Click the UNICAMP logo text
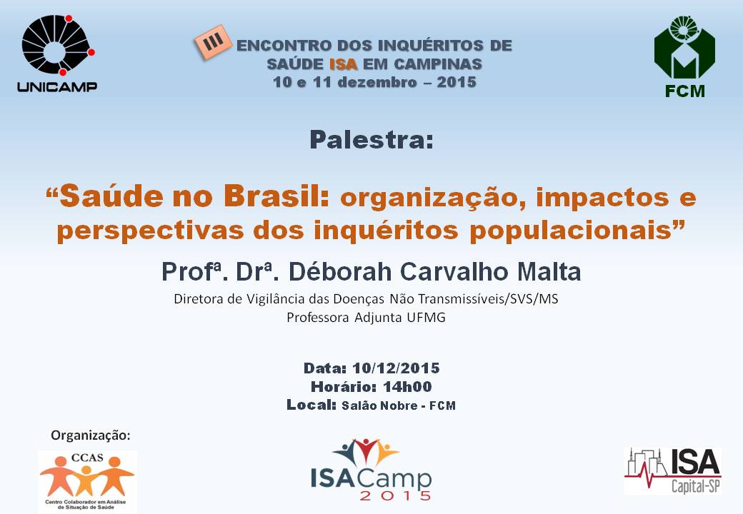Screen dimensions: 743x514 coord(57,86)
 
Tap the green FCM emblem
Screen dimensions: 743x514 coord(684,47)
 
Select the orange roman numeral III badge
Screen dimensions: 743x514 coord(213,42)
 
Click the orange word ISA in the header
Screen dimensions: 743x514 coord(343,64)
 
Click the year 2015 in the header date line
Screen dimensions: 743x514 coord(457,82)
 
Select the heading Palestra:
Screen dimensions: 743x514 coord(371,140)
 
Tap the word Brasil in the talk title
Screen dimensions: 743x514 coord(276,196)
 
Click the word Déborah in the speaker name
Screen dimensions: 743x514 coord(340,272)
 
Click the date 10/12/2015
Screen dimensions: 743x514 coord(396,368)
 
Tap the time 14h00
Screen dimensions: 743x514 coord(407,387)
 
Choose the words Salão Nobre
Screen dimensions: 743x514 coord(379,405)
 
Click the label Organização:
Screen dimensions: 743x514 coord(91,435)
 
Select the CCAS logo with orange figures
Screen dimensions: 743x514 coord(87,481)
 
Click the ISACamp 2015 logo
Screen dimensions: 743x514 coord(371,470)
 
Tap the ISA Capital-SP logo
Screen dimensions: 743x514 coord(673,471)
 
